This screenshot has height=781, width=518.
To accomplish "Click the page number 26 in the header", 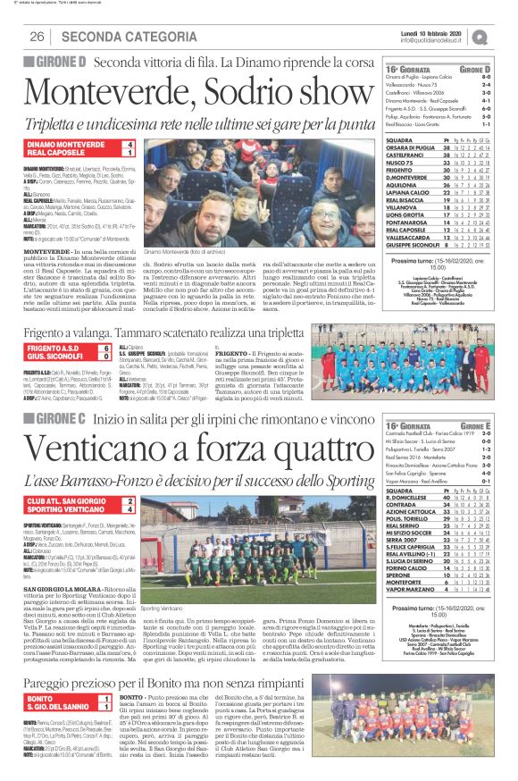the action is click(x=38, y=36).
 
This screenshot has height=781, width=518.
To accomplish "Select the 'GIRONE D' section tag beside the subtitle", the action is click(x=54, y=62).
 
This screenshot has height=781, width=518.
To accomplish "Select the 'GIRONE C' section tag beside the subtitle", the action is click(x=54, y=393).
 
